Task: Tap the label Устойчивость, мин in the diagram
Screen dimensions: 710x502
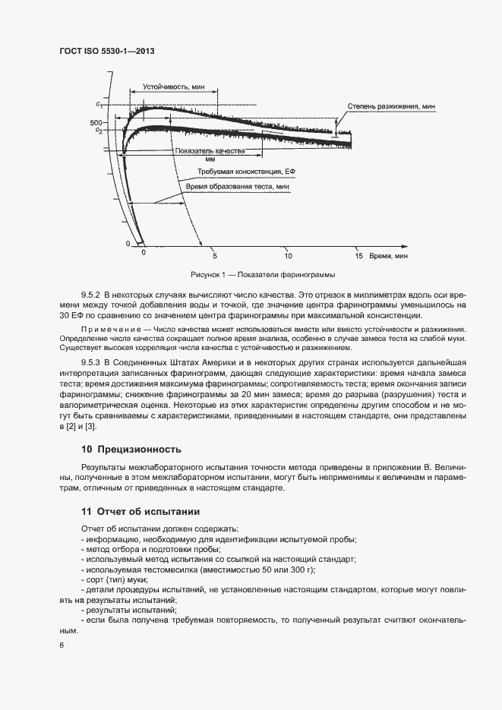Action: click(174, 87)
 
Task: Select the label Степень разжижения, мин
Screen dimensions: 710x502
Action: click(385, 106)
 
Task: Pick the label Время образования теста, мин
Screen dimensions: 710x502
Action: click(237, 185)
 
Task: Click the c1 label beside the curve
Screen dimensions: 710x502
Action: click(99, 103)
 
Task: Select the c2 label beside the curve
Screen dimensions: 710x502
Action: click(99, 131)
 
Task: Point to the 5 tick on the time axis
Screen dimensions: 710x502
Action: click(215, 256)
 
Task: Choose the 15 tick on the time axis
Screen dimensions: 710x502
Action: click(358, 256)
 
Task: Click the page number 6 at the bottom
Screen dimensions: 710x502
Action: click(62, 645)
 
